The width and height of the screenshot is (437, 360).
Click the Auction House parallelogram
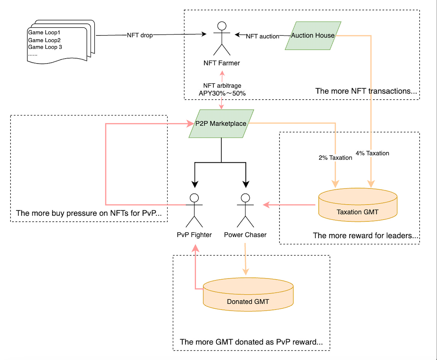click(313, 36)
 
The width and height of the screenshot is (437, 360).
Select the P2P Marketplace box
click(221, 124)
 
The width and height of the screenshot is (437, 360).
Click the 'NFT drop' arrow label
click(140, 35)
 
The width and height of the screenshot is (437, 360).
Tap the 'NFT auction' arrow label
click(263, 36)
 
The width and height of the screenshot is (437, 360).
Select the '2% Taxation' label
click(335, 158)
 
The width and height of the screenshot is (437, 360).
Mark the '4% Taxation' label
click(372, 153)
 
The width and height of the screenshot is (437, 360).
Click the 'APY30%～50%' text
click(222, 93)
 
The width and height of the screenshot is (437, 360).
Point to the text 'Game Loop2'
click(44, 40)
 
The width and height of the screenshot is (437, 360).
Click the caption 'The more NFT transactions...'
click(366, 91)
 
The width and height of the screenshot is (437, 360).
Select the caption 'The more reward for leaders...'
click(365, 235)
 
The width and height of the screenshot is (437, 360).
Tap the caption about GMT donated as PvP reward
click(251, 342)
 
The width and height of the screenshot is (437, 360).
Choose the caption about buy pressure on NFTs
click(89, 213)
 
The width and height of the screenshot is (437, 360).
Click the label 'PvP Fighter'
click(194, 235)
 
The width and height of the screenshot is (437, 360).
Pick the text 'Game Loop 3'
click(45, 47)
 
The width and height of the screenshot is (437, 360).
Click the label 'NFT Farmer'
click(222, 63)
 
